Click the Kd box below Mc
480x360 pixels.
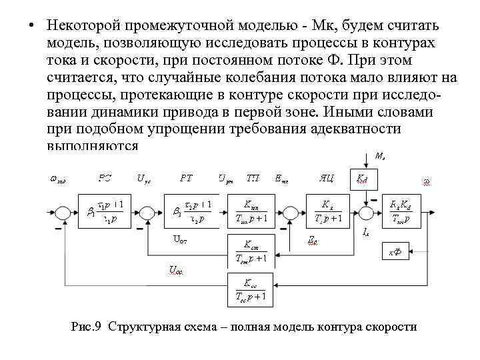point(361,179)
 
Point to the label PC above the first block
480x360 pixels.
point(105,178)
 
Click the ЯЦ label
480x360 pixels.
point(326,178)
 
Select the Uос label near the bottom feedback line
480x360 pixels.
point(176,271)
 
